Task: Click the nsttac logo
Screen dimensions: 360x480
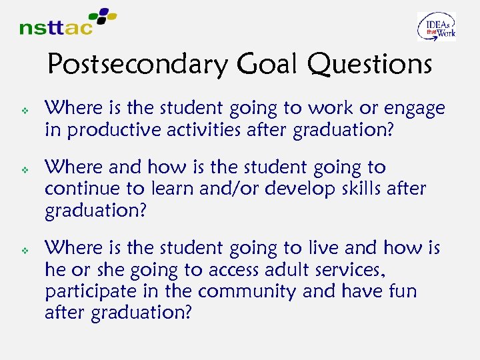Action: click(x=67, y=22)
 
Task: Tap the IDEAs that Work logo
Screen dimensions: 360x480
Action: click(x=437, y=27)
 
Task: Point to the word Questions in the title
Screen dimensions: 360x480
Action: click(x=370, y=65)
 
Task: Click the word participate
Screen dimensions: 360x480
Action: click(x=84, y=292)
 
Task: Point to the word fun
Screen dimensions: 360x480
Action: click(x=402, y=291)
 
